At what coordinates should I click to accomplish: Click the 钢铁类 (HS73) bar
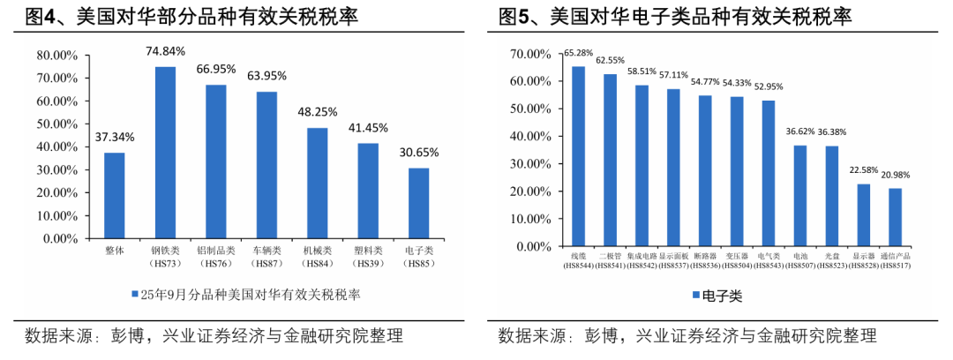165,152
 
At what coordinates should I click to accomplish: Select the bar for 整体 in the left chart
115,195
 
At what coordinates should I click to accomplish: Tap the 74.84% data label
165,51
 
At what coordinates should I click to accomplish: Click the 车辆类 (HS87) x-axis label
266,258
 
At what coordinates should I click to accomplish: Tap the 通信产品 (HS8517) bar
896,217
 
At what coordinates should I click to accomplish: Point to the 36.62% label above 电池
800,131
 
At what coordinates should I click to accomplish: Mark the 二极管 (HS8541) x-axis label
610,260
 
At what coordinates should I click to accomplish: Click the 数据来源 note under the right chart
687,336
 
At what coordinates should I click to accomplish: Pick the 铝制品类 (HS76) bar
216,161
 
